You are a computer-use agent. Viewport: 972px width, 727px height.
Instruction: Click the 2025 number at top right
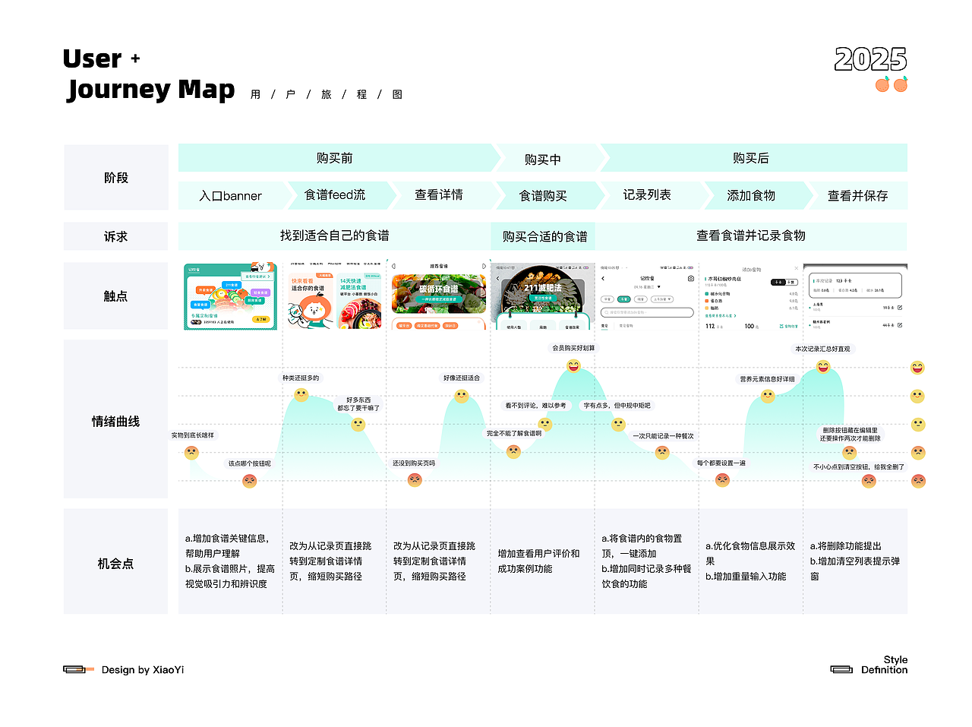pos(870,59)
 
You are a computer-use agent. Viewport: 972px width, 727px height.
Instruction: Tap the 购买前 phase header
pos(335,158)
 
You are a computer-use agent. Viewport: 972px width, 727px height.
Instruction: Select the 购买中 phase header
pos(543,160)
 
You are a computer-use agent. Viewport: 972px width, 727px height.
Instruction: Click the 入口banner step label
pos(230,196)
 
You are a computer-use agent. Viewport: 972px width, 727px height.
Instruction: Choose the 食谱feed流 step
pos(335,195)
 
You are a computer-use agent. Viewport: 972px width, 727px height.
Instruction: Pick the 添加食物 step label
pos(751,196)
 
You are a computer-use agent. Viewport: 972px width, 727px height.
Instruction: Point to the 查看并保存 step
pos(857,196)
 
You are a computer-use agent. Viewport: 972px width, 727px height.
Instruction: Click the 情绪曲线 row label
pos(115,422)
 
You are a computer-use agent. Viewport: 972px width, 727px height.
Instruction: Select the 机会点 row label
pos(115,564)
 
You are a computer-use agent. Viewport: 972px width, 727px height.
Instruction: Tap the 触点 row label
pos(115,296)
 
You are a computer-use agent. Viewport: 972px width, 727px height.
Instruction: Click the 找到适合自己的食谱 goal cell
pos(334,235)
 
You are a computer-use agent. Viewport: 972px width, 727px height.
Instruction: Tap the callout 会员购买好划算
pos(573,348)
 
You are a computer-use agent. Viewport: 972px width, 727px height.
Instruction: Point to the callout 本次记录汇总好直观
pos(823,349)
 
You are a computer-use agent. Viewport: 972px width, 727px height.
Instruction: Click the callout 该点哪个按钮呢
pos(249,463)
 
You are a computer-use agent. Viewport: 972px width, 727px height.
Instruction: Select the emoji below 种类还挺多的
pos(301,395)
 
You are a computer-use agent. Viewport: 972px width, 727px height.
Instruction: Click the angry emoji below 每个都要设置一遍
pos(722,480)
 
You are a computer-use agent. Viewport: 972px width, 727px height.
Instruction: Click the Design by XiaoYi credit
pos(142,670)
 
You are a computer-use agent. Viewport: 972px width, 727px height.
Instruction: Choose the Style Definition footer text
pos(884,665)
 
